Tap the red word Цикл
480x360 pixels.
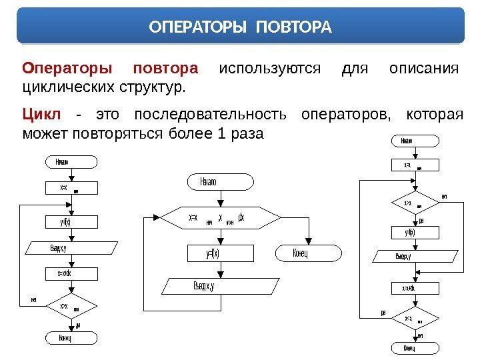click(x=41, y=115)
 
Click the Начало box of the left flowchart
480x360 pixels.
click(x=71, y=162)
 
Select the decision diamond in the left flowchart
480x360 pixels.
click(x=71, y=307)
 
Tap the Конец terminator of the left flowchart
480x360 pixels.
click(x=71, y=338)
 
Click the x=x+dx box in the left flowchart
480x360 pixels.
click(x=71, y=273)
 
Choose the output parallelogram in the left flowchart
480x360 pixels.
click(x=71, y=248)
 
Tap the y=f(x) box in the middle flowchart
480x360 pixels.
click(x=213, y=253)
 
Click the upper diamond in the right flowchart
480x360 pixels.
click(x=411, y=202)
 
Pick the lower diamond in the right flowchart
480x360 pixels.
click(x=411, y=319)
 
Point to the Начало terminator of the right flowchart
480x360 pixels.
click(x=411, y=141)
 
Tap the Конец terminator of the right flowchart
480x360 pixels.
click(x=411, y=348)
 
